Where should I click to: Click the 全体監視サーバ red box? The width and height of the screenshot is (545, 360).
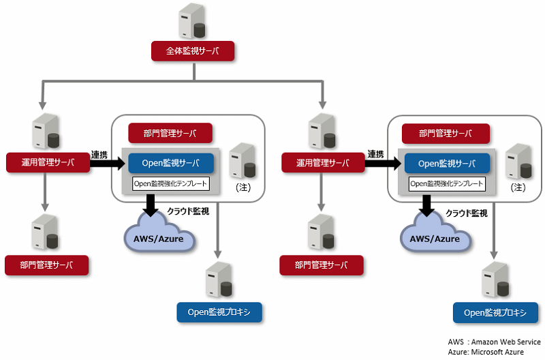pyautogui.click(x=193, y=51)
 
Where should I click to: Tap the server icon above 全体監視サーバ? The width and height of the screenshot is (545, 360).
pyautogui.click(x=192, y=21)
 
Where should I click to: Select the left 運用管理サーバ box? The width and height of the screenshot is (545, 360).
pyautogui.click(x=48, y=162)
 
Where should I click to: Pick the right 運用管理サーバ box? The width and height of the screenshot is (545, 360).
pyautogui.click(x=323, y=162)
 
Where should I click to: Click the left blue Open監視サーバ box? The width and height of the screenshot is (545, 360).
pyautogui.click(x=171, y=163)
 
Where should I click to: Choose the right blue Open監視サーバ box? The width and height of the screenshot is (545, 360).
pyautogui.click(x=447, y=164)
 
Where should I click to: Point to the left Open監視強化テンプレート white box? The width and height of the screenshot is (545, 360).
pyautogui.click(x=171, y=183)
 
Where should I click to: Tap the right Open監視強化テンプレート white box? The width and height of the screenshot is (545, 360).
pyautogui.click(x=447, y=183)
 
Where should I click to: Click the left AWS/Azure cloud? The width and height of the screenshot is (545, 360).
pyautogui.click(x=159, y=233)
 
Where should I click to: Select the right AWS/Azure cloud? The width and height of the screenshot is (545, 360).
pyautogui.click(x=435, y=233)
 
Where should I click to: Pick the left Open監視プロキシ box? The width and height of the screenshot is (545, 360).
pyautogui.click(x=219, y=312)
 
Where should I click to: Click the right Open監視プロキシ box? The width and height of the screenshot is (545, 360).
pyautogui.click(x=496, y=313)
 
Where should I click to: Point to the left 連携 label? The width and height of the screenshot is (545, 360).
pyautogui.click(x=99, y=155)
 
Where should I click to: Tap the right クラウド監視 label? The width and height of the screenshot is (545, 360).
pyautogui.click(x=467, y=213)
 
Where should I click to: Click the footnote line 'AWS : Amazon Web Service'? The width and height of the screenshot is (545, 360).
pyautogui.click(x=495, y=342)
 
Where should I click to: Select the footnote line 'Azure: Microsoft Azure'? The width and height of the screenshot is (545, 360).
pyautogui.click(x=486, y=352)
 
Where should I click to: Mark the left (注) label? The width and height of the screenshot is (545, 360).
pyautogui.click(x=243, y=187)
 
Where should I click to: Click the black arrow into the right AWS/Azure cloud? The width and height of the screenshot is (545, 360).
pyautogui.click(x=427, y=205)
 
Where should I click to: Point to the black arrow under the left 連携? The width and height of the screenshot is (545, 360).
pyautogui.click(x=108, y=164)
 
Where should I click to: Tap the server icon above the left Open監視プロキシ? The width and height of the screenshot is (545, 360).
pyautogui.click(x=219, y=280)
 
